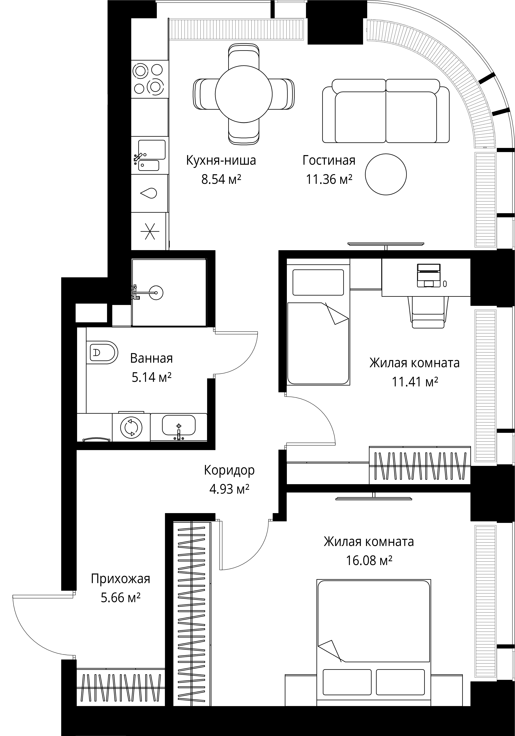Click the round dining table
pyautogui.click(x=244, y=94)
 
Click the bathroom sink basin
pyautogui.click(x=179, y=425)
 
